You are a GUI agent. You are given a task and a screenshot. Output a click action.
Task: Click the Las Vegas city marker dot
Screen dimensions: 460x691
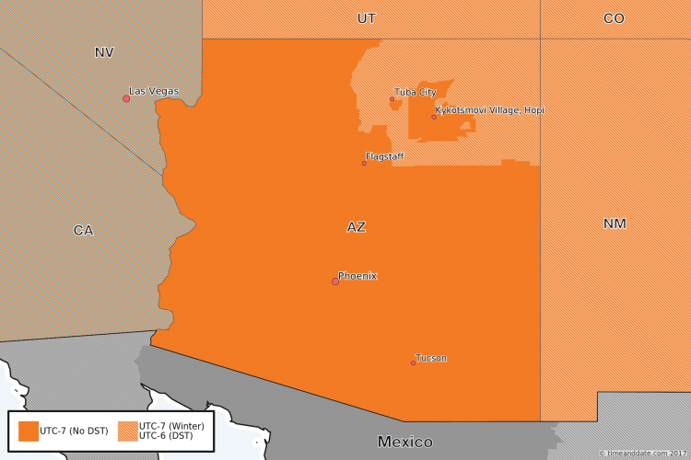pyautogui.click(x=126, y=98)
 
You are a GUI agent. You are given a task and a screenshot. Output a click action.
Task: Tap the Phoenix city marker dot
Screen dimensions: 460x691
pyautogui.click(x=335, y=282)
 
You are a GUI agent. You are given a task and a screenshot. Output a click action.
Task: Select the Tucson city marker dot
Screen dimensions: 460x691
pyautogui.click(x=413, y=362)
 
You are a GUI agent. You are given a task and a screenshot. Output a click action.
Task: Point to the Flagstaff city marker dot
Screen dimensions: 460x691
pyautogui.click(x=364, y=163)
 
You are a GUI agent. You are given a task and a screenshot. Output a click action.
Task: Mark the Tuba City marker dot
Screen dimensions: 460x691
pyautogui.click(x=392, y=98)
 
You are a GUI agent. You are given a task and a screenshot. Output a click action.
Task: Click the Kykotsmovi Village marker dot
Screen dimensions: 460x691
pyautogui.click(x=434, y=117)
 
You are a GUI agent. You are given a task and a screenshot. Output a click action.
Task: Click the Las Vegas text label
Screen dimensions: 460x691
pyautogui.click(x=154, y=91)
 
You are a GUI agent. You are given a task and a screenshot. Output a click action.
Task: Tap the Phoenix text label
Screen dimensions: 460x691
pyautogui.click(x=357, y=276)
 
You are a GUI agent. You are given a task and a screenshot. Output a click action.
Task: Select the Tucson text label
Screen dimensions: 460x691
pyautogui.click(x=431, y=358)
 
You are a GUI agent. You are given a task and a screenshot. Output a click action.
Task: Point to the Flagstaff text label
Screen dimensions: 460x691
pyautogui.click(x=385, y=156)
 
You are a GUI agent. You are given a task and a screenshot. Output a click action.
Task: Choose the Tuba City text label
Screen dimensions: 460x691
pyautogui.click(x=416, y=92)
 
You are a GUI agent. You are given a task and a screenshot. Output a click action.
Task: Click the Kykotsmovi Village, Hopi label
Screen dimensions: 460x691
pyautogui.click(x=490, y=110)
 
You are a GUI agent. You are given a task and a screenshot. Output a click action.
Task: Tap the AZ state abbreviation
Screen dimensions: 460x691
pyautogui.click(x=357, y=227)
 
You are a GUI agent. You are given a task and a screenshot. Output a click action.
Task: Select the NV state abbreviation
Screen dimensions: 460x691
pyautogui.click(x=104, y=52)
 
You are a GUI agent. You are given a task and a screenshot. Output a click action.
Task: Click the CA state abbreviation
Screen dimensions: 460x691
pyautogui.click(x=83, y=230)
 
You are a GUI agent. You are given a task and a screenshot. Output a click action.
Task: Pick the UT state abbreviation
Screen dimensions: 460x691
pyautogui.click(x=367, y=18)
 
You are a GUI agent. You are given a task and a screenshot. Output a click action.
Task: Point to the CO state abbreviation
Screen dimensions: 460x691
pyautogui.click(x=614, y=18)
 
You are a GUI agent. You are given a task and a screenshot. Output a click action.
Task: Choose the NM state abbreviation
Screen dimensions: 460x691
pyautogui.click(x=615, y=224)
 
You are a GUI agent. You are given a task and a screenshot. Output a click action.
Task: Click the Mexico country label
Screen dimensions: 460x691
pyautogui.click(x=405, y=442)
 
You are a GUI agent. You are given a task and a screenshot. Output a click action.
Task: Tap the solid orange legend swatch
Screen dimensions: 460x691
pyautogui.click(x=29, y=431)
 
